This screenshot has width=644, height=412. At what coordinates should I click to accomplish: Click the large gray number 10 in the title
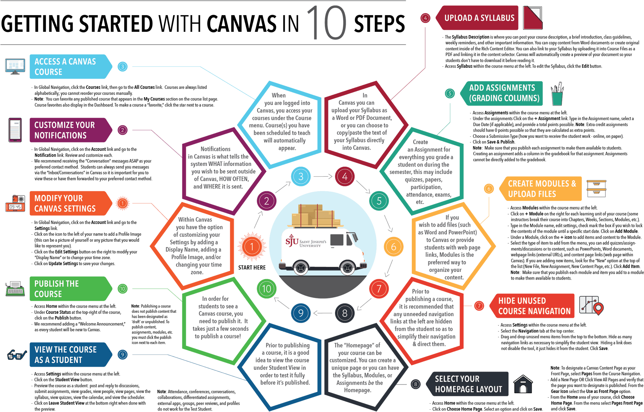[x=326, y=23]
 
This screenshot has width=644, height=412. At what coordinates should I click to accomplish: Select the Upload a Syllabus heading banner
[x=479, y=18]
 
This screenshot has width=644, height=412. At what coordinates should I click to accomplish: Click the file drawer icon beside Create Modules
[x=596, y=189]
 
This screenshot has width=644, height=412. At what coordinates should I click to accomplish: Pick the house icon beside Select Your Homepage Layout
[x=523, y=384]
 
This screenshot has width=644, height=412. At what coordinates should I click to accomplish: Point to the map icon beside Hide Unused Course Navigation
[x=591, y=305]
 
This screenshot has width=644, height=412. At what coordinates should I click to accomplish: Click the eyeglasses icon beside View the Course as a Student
[x=16, y=354]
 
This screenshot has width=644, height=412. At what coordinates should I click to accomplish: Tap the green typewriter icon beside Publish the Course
[x=15, y=289]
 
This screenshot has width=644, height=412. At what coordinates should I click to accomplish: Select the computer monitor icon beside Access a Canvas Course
[x=15, y=66]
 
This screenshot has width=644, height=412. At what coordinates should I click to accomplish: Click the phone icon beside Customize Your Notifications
[x=15, y=130]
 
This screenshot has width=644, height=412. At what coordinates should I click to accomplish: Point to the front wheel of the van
[x=347, y=267]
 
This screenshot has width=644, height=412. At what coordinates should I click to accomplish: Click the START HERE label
[x=252, y=268]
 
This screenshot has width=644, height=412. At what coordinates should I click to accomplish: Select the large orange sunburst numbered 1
[x=252, y=247]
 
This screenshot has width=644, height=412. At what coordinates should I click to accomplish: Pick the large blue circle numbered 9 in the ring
[x=301, y=313]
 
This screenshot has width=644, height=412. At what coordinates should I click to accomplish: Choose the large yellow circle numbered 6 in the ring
[x=393, y=247]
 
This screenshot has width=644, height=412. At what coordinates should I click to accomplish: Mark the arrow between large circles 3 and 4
[x=323, y=177]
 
